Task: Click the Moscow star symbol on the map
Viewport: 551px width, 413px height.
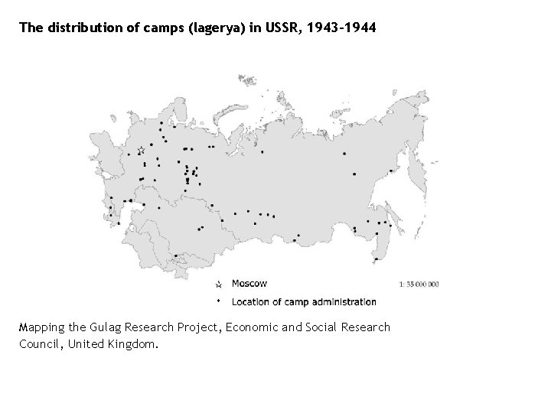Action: (x=141, y=151)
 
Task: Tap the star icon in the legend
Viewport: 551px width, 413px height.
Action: (x=218, y=284)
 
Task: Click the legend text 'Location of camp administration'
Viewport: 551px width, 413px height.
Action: (x=304, y=301)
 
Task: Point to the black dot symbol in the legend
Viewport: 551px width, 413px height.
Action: (x=218, y=301)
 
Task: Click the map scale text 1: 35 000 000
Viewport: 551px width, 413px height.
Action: (x=419, y=284)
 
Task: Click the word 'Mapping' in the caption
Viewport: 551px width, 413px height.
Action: (x=42, y=327)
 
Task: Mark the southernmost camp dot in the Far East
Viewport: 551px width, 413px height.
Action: (x=377, y=259)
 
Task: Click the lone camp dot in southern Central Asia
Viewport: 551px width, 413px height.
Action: (x=177, y=256)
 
